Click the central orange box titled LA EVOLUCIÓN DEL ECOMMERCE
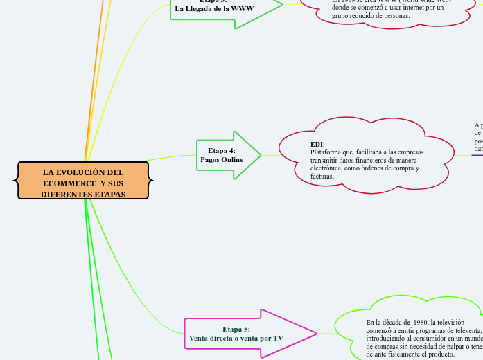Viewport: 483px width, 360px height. click(83, 181)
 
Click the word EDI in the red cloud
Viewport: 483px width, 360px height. click(317, 144)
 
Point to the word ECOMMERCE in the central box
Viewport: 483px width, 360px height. click(70, 183)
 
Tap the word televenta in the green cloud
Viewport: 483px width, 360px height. click(463, 330)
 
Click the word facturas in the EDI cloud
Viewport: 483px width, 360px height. click(322, 177)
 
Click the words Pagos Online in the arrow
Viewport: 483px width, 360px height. click(222, 160)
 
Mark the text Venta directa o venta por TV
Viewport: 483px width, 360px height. click(236, 339)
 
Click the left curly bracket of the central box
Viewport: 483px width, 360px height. click(16, 181)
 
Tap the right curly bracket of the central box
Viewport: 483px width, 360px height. click(150, 181)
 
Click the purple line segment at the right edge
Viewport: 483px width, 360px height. click(477, 155)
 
